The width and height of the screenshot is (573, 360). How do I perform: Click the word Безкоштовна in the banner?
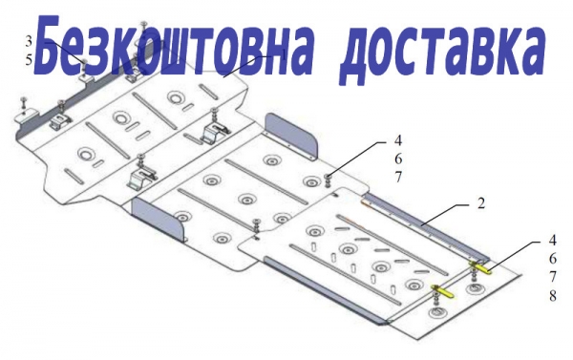click(x=174, y=46)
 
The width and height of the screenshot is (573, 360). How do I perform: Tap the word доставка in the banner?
click(x=442, y=52)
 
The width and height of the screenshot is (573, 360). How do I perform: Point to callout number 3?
click(x=29, y=41)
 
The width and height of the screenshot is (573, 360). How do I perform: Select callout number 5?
click(x=29, y=60)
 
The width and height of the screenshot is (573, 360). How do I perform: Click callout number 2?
click(x=481, y=203)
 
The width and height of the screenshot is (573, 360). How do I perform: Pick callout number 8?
click(x=553, y=296)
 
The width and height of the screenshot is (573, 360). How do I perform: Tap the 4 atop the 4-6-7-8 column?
click(x=553, y=241)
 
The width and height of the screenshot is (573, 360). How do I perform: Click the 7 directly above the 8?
click(x=553, y=277)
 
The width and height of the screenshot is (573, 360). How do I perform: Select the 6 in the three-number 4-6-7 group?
click(x=398, y=159)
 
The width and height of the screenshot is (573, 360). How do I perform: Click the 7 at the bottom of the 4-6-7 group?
click(x=398, y=178)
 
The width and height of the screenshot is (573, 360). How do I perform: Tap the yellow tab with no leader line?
click(x=443, y=291)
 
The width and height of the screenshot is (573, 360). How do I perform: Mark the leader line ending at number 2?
click(x=444, y=215)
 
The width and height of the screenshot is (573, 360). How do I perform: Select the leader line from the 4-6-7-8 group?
click(x=514, y=256)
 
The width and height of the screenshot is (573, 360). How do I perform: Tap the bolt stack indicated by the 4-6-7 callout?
click(x=329, y=180)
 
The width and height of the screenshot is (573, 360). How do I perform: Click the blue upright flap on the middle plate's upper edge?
click(x=291, y=137)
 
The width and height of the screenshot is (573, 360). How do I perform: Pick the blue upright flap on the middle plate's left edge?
click(x=159, y=218)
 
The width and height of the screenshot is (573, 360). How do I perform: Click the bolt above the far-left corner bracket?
click(x=24, y=103)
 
